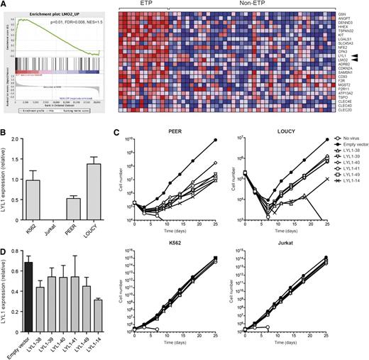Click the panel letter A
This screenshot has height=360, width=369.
click(4, 4)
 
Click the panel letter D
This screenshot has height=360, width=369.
click(4, 248)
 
